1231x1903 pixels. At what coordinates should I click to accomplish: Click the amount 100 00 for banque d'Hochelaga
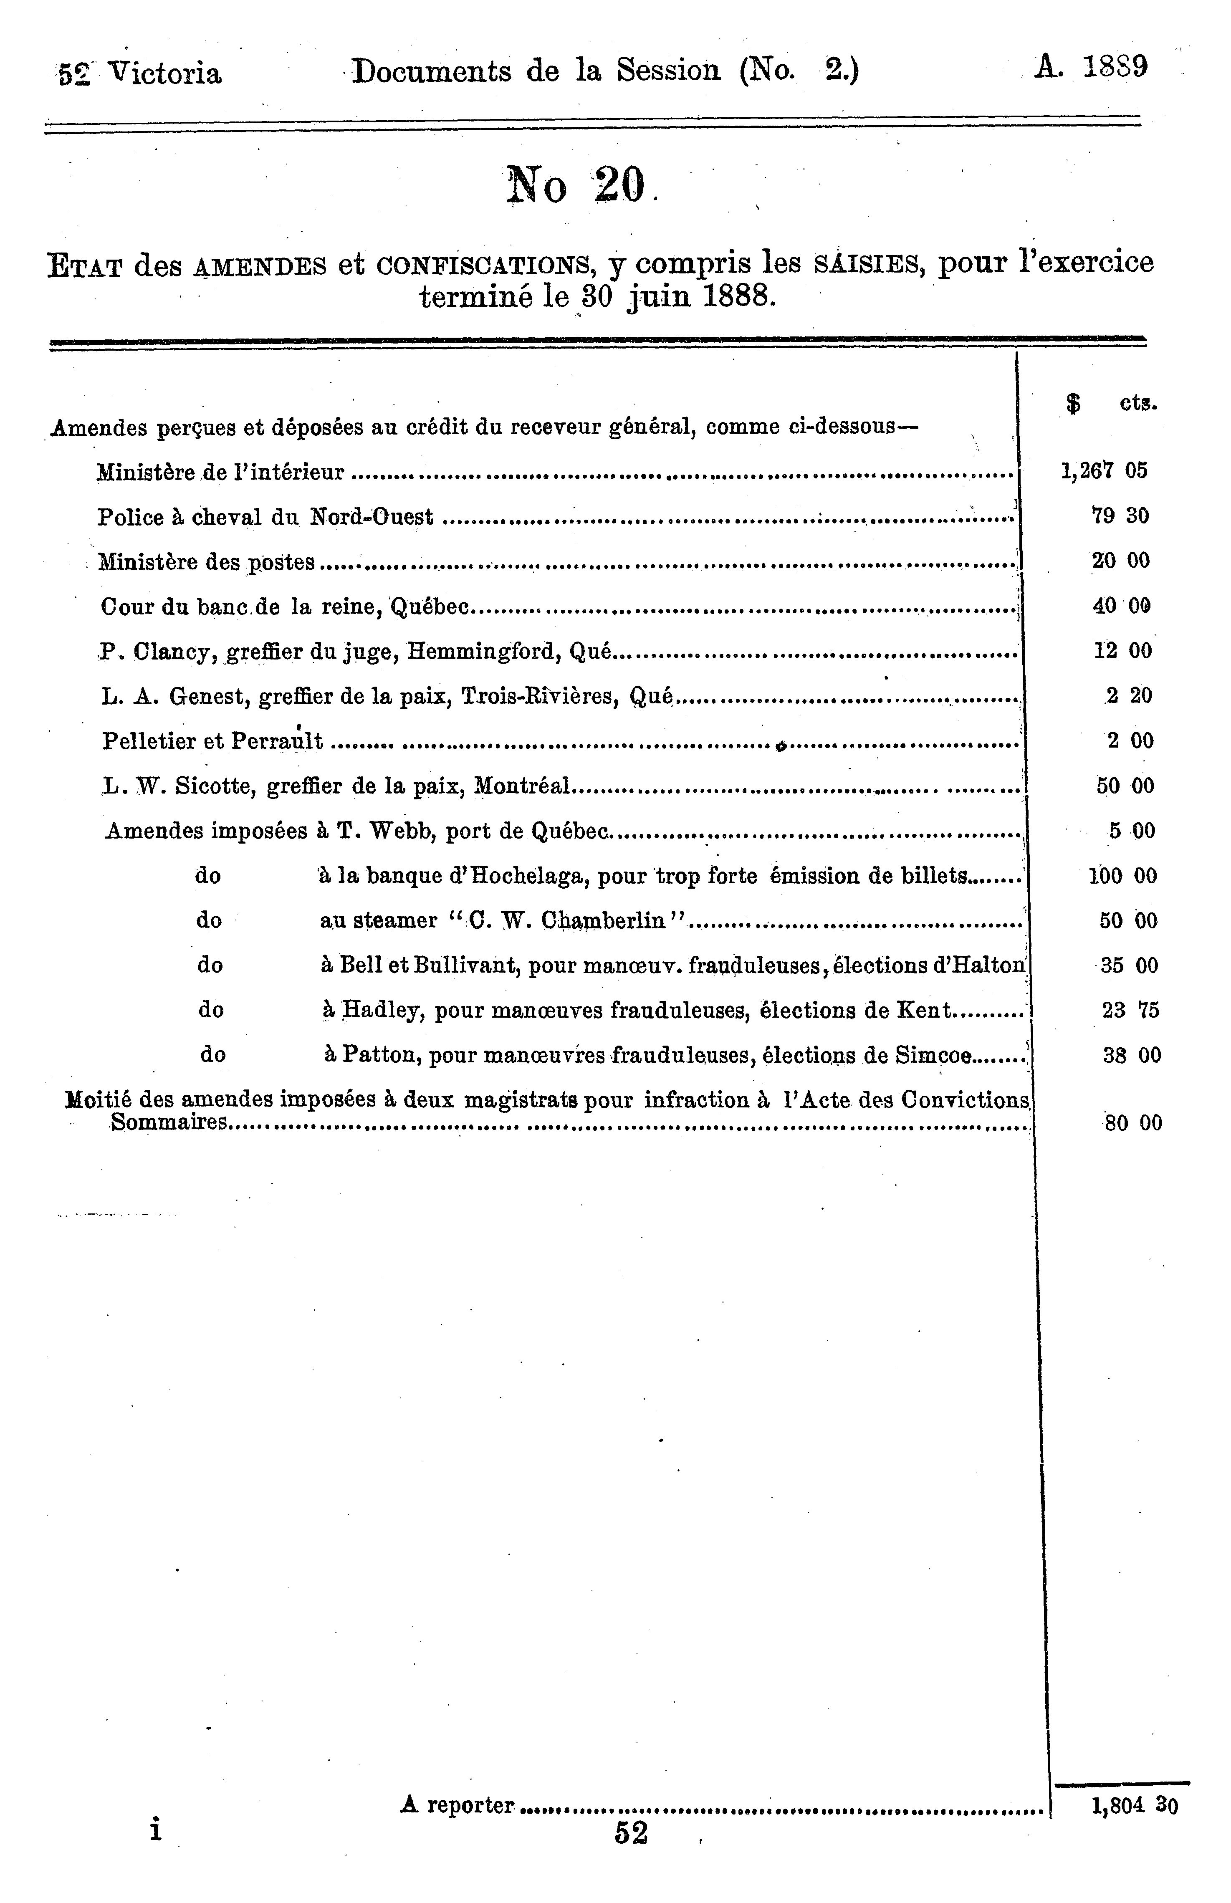coord(1122,876)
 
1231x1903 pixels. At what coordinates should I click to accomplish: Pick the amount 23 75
coord(1130,1011)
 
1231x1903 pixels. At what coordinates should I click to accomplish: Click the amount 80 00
coord(1132,1123)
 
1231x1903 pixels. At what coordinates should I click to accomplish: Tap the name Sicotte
coord(211,786)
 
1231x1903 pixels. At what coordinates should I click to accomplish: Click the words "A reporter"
coord(457,1805)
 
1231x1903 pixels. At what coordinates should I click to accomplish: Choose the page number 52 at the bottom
coord(631,1833)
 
